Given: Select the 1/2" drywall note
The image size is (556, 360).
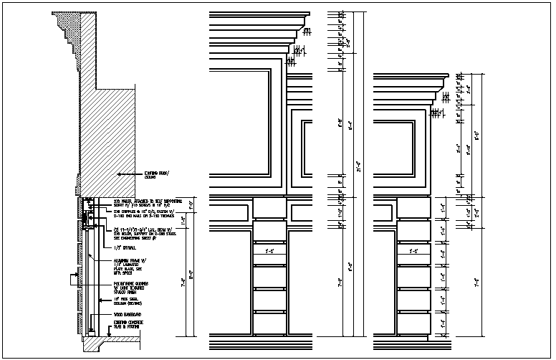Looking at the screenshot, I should point(123,247).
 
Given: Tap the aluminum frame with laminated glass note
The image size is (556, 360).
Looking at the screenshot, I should point(128,265).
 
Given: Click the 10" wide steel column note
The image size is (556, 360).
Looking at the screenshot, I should point(128,304).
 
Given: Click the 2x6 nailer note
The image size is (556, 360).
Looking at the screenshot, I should point(147,203).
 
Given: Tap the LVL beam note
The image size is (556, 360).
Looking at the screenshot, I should point(147,232).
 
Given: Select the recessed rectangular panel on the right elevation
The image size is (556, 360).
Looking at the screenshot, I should point(396,150).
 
